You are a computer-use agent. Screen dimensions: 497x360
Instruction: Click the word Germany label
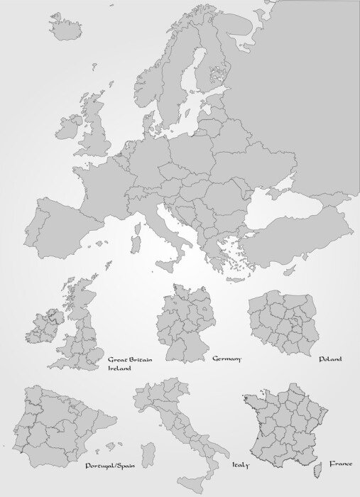click(227, 359)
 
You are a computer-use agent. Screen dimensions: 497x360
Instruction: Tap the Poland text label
click(329, 359)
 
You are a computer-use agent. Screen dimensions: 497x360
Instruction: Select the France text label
click(340, 464)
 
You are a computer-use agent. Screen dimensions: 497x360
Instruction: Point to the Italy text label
click(240, 465)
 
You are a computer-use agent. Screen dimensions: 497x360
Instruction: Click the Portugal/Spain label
click(110, 466)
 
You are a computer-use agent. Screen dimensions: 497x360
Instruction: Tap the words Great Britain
click(129, 360)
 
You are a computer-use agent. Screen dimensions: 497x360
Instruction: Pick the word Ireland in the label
click(120, 368)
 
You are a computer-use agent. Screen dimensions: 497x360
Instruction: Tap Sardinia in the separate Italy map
click(148, 455)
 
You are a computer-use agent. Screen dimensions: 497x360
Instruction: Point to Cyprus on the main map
click(289, 271)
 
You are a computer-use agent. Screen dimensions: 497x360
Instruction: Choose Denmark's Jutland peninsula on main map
click(148, 121)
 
